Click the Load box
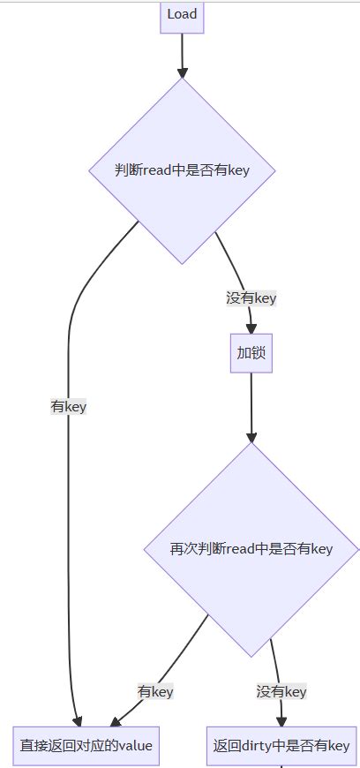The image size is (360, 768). (x=182, y=15)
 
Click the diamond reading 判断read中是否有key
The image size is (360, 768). (x=182, y=170)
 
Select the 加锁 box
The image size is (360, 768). (x=251, y=353)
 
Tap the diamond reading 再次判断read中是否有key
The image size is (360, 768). (x=251, y=549)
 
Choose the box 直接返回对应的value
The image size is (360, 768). (x=86, y=746)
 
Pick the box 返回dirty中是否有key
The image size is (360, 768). (x=281, y=746)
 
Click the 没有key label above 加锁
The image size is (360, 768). (x=251, y=298)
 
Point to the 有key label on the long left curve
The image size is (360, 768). (x=68, y=407)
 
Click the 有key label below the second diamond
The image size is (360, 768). (x=155, y=691)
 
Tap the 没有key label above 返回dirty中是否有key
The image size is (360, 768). (x=281, y=691)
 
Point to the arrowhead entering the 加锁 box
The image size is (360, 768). (x=251, y=328)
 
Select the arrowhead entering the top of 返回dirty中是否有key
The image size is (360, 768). (x=281, y=720)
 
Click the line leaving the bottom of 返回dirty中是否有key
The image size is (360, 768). (x=281, y=765)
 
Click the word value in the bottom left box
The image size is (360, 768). (x=136, y=746)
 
